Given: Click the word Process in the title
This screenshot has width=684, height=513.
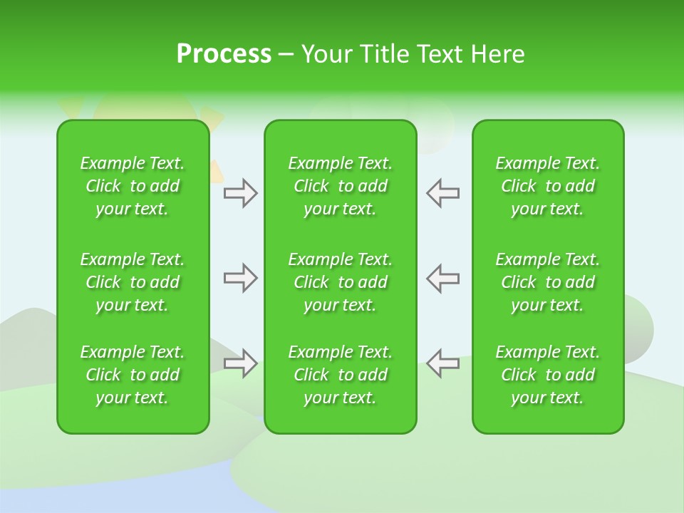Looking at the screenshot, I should click(224, 54).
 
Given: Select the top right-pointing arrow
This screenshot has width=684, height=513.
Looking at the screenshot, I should click(240, 193).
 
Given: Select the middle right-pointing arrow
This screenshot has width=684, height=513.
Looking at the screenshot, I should click(240, 278).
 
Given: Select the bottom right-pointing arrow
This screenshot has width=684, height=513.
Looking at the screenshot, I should click(240, 363).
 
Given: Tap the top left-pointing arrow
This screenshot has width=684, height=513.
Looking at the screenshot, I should click(443, 193).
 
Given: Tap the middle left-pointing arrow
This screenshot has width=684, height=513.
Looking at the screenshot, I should click(443, 278).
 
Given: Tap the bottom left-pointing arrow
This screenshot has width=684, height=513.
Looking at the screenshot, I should click(443, 363).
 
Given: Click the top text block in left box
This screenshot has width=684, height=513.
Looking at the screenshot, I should click(133, 186).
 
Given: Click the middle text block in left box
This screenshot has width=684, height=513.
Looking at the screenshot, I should click(133, 282).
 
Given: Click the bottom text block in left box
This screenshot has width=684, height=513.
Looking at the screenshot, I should click(133, 375).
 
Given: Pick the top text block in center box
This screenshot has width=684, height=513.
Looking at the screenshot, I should click(341, 186).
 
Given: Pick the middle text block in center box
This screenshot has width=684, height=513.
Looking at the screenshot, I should click(341, 282).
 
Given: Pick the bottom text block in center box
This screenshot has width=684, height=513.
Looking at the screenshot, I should click(341, 375).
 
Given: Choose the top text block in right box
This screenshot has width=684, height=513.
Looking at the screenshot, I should click(548, 186).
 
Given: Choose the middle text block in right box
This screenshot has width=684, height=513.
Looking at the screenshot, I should click(548, 282).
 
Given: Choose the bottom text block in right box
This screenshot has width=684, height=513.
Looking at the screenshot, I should click(548, 375).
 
